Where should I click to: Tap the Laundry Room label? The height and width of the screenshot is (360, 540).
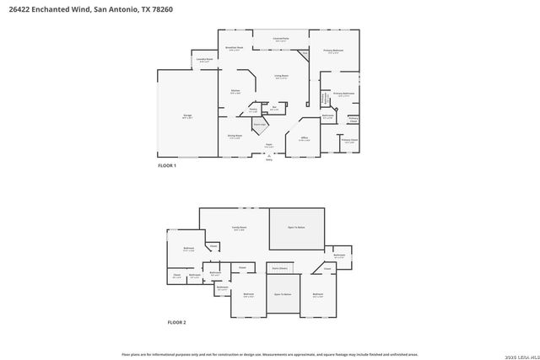204,60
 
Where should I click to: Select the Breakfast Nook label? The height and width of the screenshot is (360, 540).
235,49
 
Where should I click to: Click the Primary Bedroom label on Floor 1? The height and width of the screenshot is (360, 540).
334,52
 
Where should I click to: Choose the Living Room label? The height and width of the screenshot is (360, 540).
281,77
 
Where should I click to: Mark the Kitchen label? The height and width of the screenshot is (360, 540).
236,92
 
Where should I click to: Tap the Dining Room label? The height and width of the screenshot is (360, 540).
235,136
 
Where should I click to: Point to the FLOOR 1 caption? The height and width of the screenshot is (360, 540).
167,166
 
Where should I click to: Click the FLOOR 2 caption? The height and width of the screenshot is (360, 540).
176,323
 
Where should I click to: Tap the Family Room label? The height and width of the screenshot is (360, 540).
240,228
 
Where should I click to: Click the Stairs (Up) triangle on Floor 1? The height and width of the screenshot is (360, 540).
262,125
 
